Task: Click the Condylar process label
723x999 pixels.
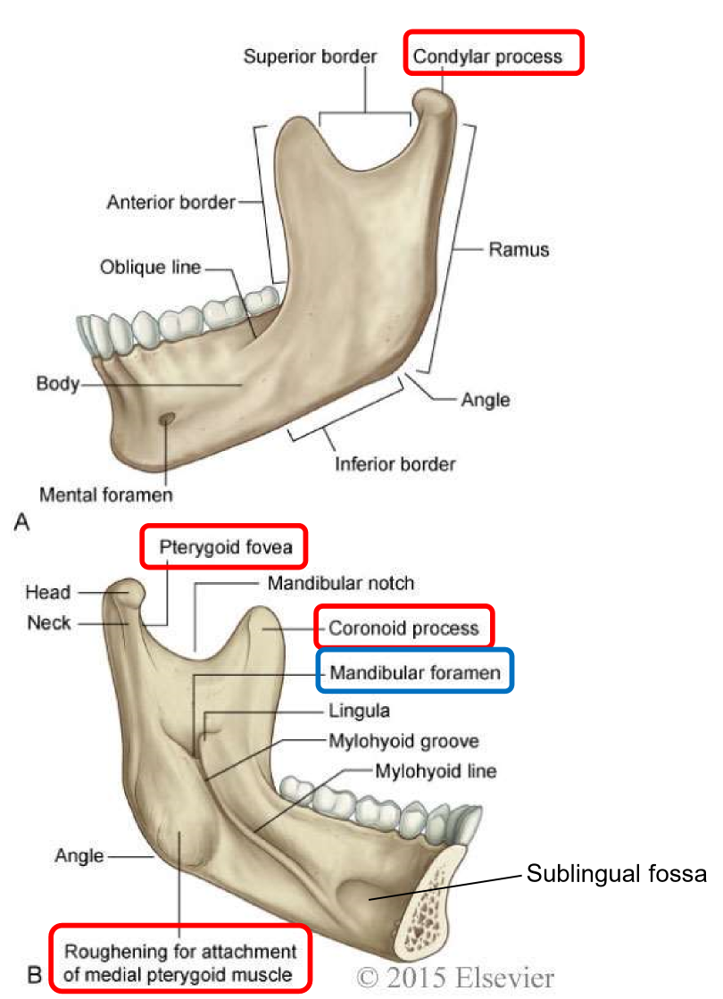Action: (x=487, y=57)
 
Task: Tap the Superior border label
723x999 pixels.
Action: (x=311, y=57)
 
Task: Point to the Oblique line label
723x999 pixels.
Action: (x=151, y=267)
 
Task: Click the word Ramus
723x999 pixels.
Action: (x=519, y=249)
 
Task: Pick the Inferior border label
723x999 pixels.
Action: (x=395, y=463)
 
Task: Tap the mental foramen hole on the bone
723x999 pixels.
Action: (x=165, y=419)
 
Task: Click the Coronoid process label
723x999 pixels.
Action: (x=403, y=628)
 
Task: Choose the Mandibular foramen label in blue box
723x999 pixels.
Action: (x=416, y=670)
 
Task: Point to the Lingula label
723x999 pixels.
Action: (x=360, y=711)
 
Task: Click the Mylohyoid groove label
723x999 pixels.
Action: (x=404, y=740)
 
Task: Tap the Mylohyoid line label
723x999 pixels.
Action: (x=436, y=770)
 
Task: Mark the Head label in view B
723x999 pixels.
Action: (x=48, y=592)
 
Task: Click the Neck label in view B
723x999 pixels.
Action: (x=49, y=622)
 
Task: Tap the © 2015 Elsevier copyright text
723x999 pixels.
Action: (x=456, y=976)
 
